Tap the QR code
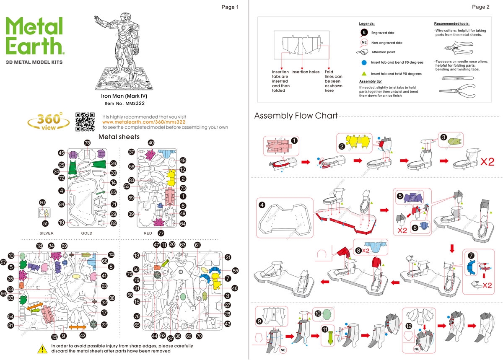click(85, 122)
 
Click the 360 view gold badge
click(49, 121)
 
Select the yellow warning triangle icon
click(42, 349)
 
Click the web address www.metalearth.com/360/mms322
click(144, 122)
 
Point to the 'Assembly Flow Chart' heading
click(296, 116)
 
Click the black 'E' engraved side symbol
click(364, 33)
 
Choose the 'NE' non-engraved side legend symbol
click(364, 43)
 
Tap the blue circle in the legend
click(364, 62)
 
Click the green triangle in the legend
click(364, 74)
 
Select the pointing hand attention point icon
click(362, 52)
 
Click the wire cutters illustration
click(459, 48)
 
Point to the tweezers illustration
click(458, 78)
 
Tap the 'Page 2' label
click(480, 7)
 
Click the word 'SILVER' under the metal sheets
click(47, 233)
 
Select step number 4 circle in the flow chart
click(262, 205)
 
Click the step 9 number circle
click(259, 321)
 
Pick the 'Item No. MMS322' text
click(124, 104)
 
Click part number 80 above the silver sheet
click(42, 202)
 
